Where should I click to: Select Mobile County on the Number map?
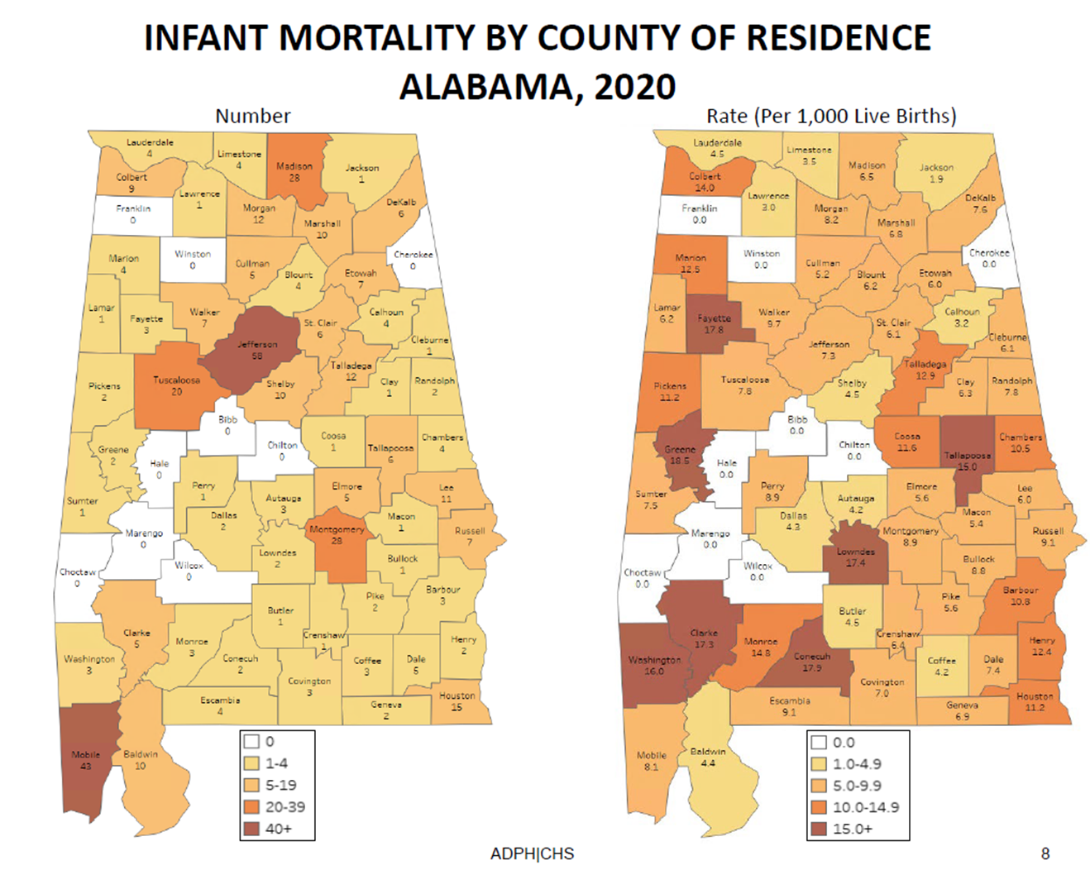tap(85, 760)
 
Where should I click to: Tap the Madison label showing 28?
tap(294, 171)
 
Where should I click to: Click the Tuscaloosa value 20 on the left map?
tap(176, 391)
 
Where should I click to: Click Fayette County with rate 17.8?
tap(715, 323)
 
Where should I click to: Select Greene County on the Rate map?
tap(680, 455)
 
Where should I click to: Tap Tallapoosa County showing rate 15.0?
tap(967, 460)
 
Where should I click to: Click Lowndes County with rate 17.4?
tap(855, 557)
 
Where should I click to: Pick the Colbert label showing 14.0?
tap(705, 182)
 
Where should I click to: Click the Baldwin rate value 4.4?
tap(708, 763)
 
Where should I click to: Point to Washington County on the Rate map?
tap(654, 666)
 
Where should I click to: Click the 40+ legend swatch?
tap(252, 829)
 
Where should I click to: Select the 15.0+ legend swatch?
tap(819, 829)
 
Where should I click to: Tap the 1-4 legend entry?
tap(276, 763)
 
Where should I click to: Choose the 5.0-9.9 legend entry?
tap(856, 786)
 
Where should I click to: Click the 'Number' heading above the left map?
tap(253, 116)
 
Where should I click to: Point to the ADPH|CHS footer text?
tap(532, 853)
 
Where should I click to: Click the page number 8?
tap(1045, 853)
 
